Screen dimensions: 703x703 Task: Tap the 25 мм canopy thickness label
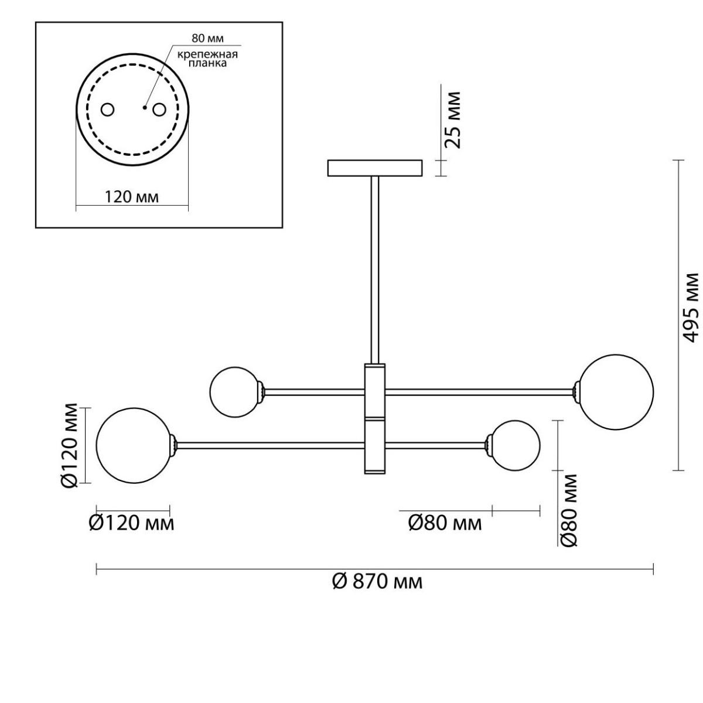tap(453, 120)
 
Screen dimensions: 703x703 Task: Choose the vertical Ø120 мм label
tap(69, 445)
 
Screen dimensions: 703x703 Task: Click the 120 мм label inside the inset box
tap(132, 197)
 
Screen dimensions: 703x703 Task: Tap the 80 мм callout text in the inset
tap(207, 38)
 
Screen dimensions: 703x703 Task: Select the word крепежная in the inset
tap(207, 54)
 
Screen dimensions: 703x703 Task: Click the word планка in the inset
tap(207, 63)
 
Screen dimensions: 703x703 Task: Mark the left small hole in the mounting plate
tap(107, 110)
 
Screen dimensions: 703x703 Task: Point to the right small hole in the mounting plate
tap(159, 110)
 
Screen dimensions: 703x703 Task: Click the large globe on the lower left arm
tap(134, 445)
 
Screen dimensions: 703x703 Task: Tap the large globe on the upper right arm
tap(616, 392)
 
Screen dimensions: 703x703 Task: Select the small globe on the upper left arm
tap(236, 392)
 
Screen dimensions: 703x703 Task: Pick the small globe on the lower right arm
tap(515, 445)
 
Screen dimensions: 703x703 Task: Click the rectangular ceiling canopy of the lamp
tap(375, 168)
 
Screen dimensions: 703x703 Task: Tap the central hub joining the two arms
tap(375, 419)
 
